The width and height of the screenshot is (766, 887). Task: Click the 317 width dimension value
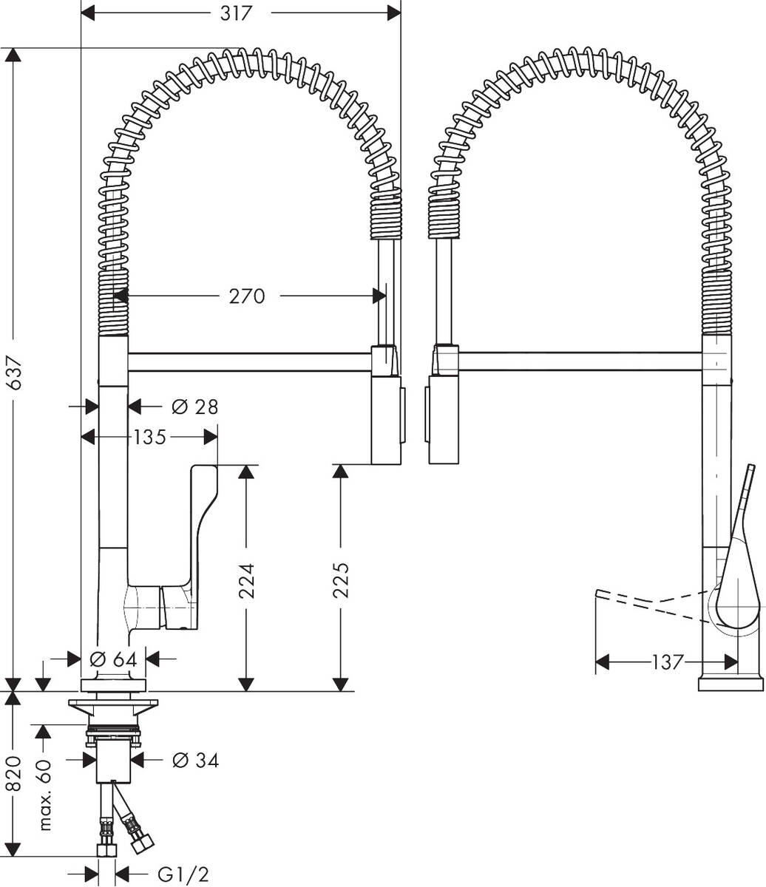tap(236, 13)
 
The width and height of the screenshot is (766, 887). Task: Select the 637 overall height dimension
tap(15, 373)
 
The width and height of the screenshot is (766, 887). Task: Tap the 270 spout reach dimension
tap(246, 296)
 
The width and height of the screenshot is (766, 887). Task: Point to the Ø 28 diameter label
tap(195, 407)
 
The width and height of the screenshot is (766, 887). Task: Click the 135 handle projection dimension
tap(149, 438)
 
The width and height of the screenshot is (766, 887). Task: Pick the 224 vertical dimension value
tap(246, 581)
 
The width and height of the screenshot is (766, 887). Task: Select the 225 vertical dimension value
tap(341, 580)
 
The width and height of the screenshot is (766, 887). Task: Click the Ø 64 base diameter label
tap(113, 659)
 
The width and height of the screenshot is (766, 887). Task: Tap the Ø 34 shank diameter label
tap(196, 761)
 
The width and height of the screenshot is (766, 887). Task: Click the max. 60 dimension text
tap(44, 795)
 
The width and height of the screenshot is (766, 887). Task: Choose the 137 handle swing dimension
tap(667, 662)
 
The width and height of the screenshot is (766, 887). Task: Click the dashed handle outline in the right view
tap(653, 606)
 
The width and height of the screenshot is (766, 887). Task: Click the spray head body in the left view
tap(386, 420)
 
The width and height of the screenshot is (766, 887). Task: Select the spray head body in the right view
tap(444, 420)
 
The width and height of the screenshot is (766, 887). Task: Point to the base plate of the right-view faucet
tap(731, 684)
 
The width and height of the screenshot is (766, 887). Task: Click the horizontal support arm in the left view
tap(249, 361)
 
